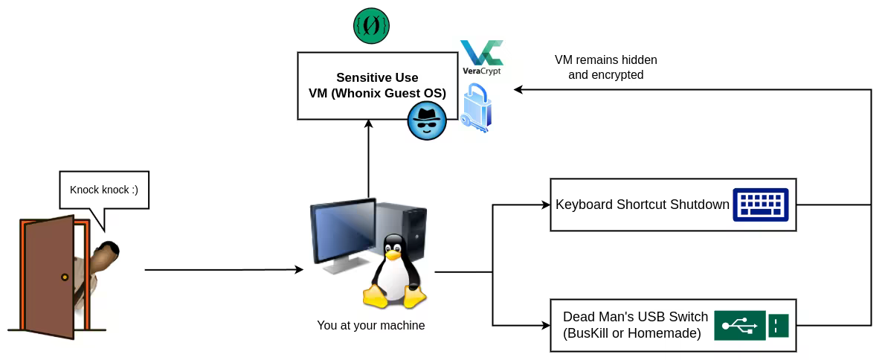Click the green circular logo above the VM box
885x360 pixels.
click(x=371, y=26)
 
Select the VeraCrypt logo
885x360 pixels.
click(x=481, y=57)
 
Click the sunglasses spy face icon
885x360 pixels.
click(x=427, y=120)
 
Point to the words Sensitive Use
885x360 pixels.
click(x=377, y=77)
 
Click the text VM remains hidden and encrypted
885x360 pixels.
click(x=605, y=67)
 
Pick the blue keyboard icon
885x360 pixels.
click(x=760, y=204)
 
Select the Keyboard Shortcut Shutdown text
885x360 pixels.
click(x=642, y=205)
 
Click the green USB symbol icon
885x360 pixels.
click(x=739, y=325)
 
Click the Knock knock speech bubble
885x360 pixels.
click(x=103, y=190)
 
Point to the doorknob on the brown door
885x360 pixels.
click(x=65, y=277)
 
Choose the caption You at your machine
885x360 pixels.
click(x=370, y=325)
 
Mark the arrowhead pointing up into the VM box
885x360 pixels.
click(x=368, y=125)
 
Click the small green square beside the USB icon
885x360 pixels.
click(x=778, y=325)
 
